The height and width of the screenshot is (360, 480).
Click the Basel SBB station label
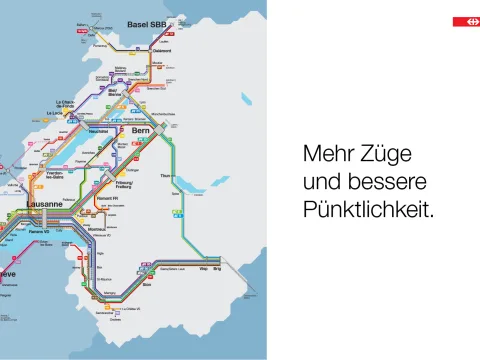click(x=146, y=24)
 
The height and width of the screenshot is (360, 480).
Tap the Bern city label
click(x=141, y=130)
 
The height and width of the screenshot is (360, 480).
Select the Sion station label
click(x=147, y=285)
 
